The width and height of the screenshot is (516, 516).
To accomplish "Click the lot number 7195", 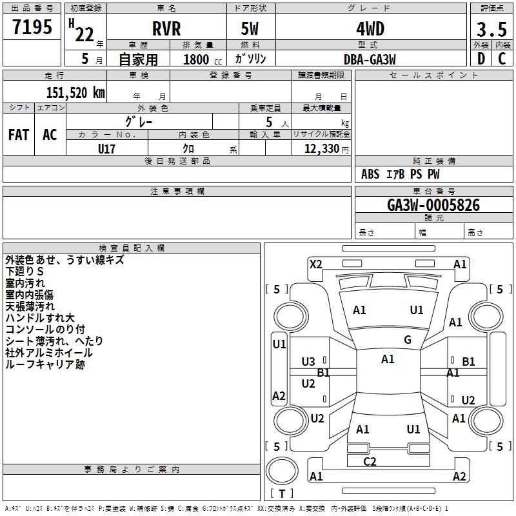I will [32, 28].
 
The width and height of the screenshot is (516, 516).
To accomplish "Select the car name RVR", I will [166, 29].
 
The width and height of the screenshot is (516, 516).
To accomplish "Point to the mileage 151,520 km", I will [75, 92].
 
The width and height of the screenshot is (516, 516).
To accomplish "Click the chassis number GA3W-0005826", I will [433, 206].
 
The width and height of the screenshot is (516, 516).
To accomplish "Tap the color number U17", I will [107, 148].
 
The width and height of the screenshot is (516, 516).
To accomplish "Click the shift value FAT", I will [19, 135].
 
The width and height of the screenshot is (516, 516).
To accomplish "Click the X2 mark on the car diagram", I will [316, 264].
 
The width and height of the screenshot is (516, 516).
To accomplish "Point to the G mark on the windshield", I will [408, 340].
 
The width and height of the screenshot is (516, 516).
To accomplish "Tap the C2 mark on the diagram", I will [370, 461].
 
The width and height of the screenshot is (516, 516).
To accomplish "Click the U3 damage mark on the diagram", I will [308, 362].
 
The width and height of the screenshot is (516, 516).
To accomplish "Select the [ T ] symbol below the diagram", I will [282, 493].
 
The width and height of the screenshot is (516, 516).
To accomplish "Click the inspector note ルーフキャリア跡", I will [45, 364].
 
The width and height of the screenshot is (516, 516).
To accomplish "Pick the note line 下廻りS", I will [25, 272].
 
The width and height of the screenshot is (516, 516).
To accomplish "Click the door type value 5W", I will [251, 29].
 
